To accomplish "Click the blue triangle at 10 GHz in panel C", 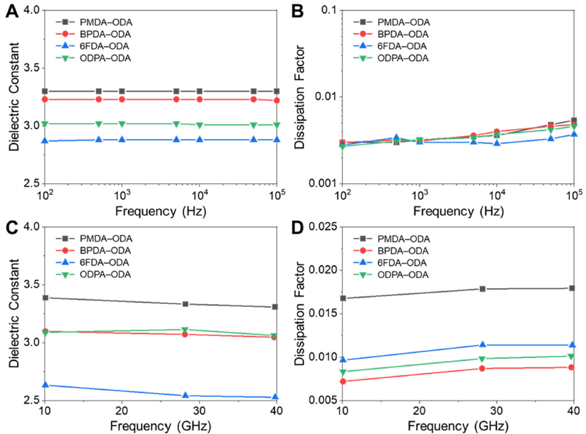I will tap(45, 385).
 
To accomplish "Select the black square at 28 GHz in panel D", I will tap(482, 289).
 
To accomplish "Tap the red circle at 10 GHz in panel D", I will tap(343, 381).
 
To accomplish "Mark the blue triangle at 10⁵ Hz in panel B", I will tap(574, 134).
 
